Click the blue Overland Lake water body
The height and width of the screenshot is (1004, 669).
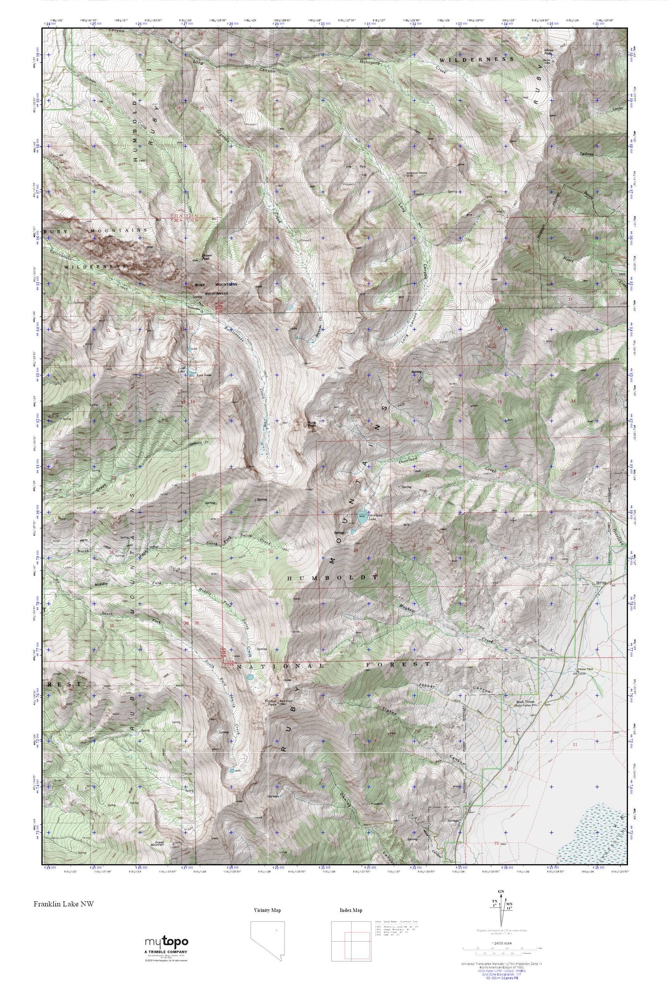362,515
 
